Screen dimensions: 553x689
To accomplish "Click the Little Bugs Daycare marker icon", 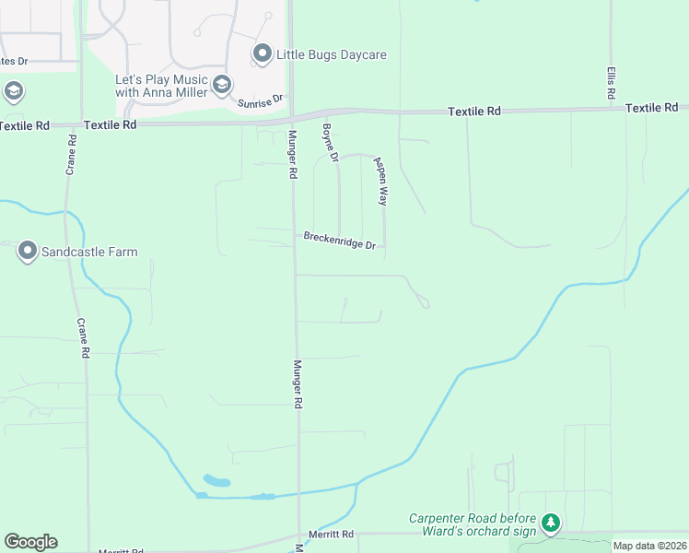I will [x=263, y=54].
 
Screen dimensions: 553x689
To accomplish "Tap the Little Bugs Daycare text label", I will [x=332, y=55].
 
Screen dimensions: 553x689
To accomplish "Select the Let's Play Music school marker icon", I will [x=221, y=86].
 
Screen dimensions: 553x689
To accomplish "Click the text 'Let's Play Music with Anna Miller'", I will [x=161, y=86].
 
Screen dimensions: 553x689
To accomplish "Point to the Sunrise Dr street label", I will [x=258, y=100].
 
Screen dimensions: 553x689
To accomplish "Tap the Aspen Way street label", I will [x=380, y=180].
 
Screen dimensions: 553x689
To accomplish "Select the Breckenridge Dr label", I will [x=340, y=241].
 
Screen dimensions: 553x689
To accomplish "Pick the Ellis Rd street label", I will [x=610, y=83].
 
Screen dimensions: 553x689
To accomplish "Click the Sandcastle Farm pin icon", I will [x=28, y=251].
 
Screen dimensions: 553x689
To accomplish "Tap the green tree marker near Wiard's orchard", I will [x=551, y=524].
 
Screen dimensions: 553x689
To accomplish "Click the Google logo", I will [x=30, y=542].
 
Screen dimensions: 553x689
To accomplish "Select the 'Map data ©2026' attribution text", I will [x=649, y=546].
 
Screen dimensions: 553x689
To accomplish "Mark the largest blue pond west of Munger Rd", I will [x=216, y=480].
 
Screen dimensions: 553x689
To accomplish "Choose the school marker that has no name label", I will [x=13, y=91].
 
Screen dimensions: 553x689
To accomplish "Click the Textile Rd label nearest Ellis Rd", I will [x=651, y=108].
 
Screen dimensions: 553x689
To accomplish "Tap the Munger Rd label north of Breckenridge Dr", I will [x=292, y=155].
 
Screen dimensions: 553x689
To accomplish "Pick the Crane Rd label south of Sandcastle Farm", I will [x=84, y=338].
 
